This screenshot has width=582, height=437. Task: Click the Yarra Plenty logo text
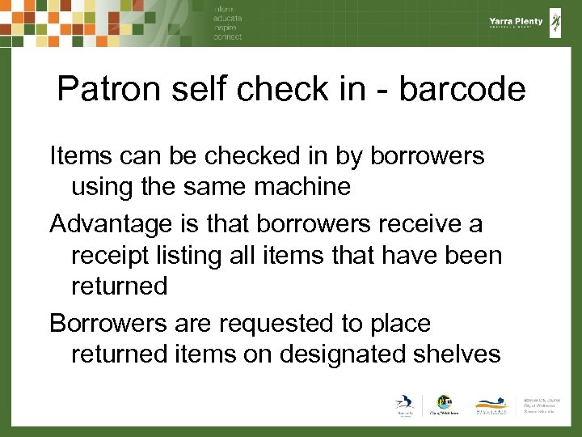[x=516, y=22]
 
